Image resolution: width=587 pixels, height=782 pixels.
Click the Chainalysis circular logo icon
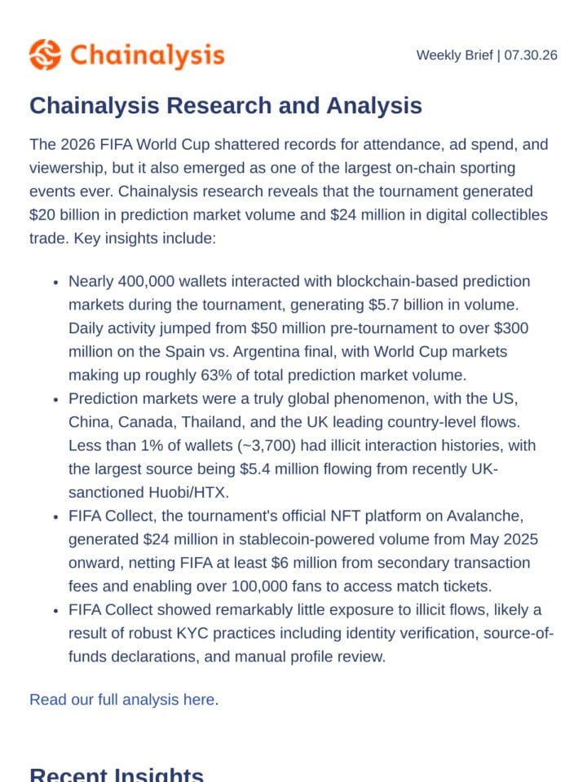pos(45,55)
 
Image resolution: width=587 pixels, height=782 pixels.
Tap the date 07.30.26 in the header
pos(531,55)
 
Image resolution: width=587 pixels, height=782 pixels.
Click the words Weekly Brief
pos(455,55)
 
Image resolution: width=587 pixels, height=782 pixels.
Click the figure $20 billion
pos(73,215)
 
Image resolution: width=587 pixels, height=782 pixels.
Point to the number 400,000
pos(146,281)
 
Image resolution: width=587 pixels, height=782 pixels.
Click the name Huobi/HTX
pos(188,492)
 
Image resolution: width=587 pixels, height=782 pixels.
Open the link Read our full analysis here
pos(124,700)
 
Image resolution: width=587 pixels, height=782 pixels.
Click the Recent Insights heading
pos(117,774)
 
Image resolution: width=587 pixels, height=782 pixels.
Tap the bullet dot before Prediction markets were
pos(56,399)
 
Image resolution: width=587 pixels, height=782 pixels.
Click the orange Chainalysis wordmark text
pos(148,55)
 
